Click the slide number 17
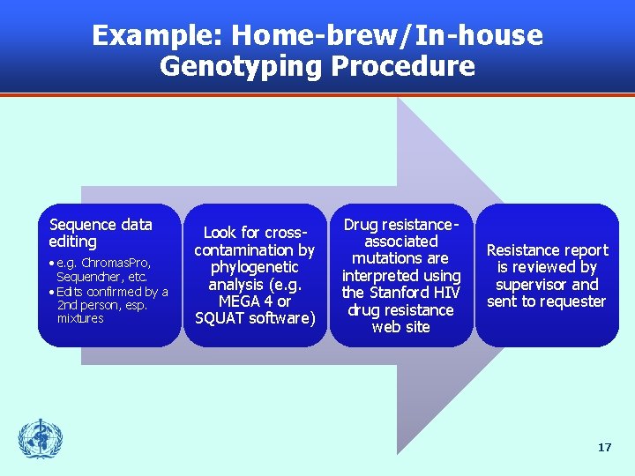point(604,448)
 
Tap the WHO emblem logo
point(41,439)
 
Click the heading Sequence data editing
point(101,233)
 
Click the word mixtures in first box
point(80,318)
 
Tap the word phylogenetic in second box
point(255,267)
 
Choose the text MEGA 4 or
point(255,301)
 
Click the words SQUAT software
point(255,318)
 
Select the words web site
point(400,327)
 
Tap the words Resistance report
point(547,250)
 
